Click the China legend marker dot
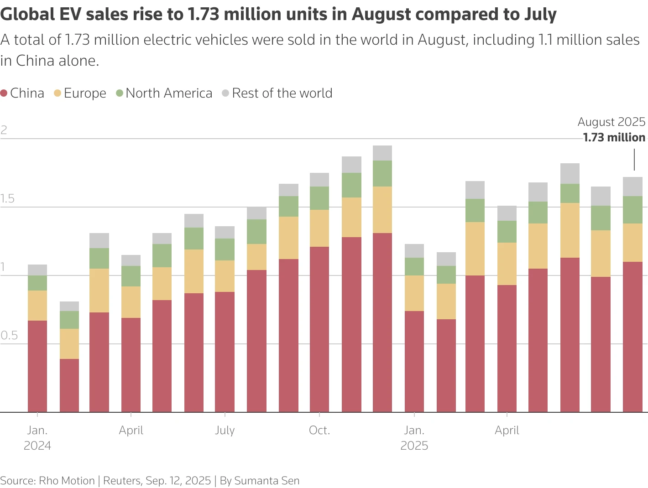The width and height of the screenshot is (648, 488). point(4,93)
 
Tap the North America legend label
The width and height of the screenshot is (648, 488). point(169,93)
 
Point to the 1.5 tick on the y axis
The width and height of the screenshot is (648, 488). point(7,199)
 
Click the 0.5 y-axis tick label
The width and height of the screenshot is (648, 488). point(9,336)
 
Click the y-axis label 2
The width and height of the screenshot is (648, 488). point(4,130)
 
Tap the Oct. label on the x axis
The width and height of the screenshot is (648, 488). point(319,431)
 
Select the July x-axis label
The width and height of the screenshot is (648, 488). point(225,431)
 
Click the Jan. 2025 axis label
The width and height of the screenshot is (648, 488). point(414,438)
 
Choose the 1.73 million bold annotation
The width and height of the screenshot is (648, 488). point(614,138)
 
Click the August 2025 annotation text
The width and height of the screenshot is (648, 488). point(611,122)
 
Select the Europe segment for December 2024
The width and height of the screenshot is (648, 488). point(382,210)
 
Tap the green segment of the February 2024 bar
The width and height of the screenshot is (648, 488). point(69,320)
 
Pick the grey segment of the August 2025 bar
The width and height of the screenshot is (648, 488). point(632,187)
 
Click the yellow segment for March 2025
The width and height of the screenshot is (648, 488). point(475,249)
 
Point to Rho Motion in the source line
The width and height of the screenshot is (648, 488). point(67,481)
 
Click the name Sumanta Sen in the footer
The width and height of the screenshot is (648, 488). point(267,481)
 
